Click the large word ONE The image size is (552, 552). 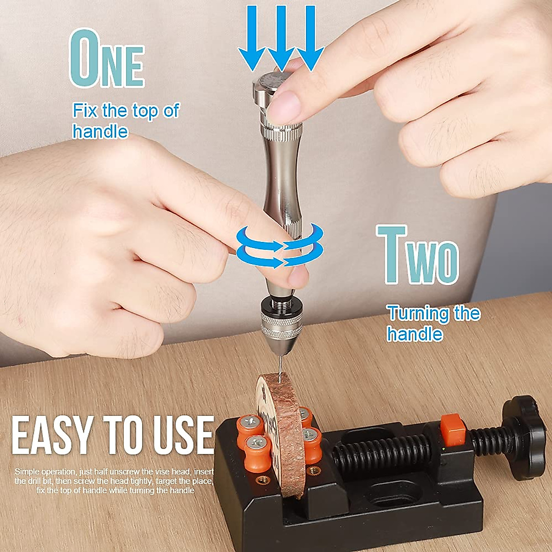tap(107, 60)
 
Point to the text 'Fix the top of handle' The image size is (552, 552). tap(124, 121)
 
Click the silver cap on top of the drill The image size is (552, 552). tap(271, 83)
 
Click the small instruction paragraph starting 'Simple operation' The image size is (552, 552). tap(113, 481)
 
